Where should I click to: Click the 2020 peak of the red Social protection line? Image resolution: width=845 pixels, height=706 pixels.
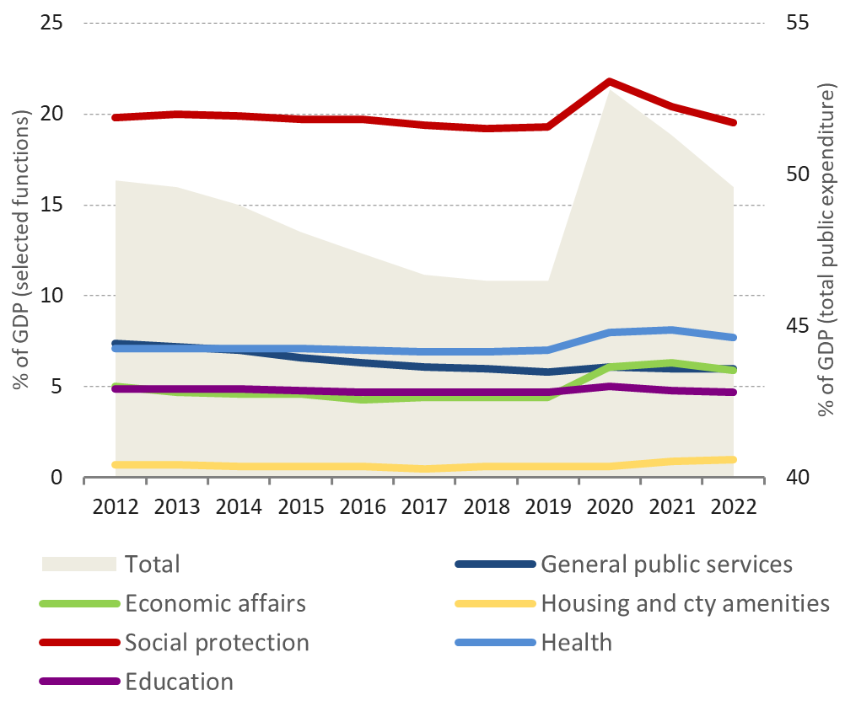(x=609, y=82)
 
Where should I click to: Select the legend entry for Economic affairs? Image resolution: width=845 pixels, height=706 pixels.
(x=215, y=603)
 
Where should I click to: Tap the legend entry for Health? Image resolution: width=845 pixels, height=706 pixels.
(x=576, y=642)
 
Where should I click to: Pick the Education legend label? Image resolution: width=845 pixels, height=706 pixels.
(x=179, y=681)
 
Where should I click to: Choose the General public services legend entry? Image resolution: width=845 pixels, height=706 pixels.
(x=666, y=564)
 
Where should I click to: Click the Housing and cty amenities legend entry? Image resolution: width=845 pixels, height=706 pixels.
(x=685, y=603)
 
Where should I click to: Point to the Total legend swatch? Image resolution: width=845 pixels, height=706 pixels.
(x=78, y=564)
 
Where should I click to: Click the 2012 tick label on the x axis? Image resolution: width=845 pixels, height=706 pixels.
(x=116, y=508)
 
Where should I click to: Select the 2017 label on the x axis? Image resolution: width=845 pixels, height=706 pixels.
(x=424, y=508)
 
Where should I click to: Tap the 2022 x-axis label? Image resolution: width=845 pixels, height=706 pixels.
(x=733, y=508)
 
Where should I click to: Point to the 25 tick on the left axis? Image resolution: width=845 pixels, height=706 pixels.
(x=52, y=22)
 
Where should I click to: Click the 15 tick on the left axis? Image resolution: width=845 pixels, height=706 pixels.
(x=52, y=205)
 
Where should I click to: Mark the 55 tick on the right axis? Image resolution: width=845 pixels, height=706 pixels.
(x=792, y=22)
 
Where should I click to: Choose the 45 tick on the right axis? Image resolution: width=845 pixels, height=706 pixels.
(x=792, y=326)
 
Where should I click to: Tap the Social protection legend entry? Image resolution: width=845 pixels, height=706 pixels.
(x=217, y=642)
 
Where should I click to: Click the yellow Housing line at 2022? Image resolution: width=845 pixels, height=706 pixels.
(x=733, y=460)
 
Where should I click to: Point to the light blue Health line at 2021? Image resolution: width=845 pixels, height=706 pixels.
(x=671, y=330)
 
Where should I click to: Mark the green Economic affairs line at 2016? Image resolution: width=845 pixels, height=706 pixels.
(x=363, y=398)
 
